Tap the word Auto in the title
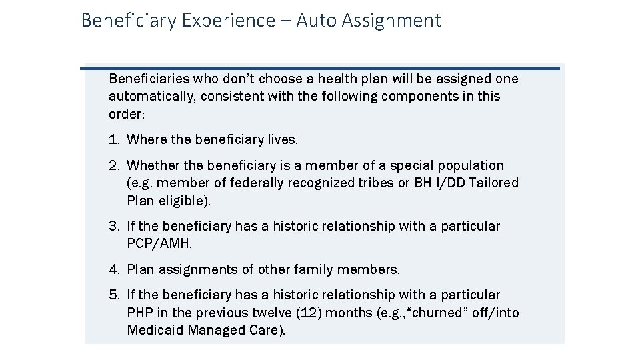[316, 21]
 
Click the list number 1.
[113, 139]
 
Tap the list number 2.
[114, 165]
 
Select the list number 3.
[114, 226]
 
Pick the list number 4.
[114, 269]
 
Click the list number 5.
[114, 295]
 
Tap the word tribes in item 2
[375, 183]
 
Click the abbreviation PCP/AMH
[159, 244]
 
